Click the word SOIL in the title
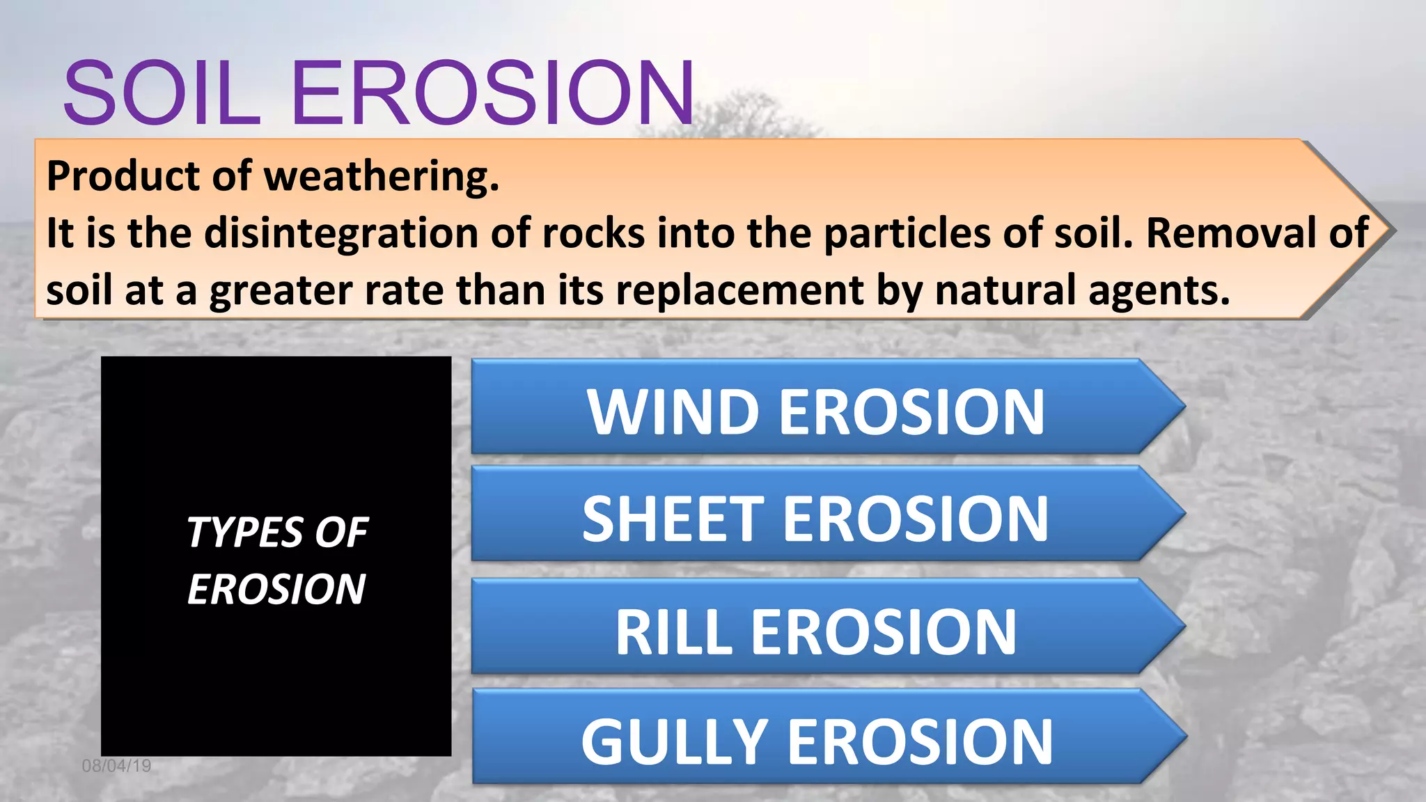point(162,93)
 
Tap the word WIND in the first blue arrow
point(673,412)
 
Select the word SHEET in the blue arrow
point(673,519)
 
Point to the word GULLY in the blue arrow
point(674,743)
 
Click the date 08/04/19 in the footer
point(116,766)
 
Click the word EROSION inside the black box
point(276,590)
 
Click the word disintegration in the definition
point(340,233)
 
